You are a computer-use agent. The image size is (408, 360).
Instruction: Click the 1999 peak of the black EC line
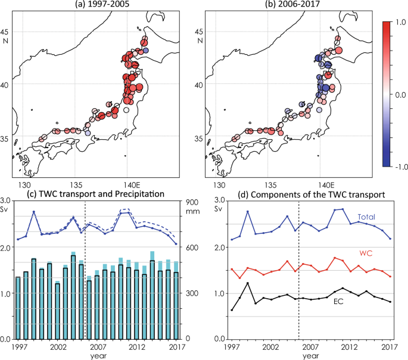pos(248,283)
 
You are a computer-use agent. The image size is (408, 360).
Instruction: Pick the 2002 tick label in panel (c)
pos(58,346)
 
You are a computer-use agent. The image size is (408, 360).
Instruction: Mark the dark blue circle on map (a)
pos(146,52)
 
